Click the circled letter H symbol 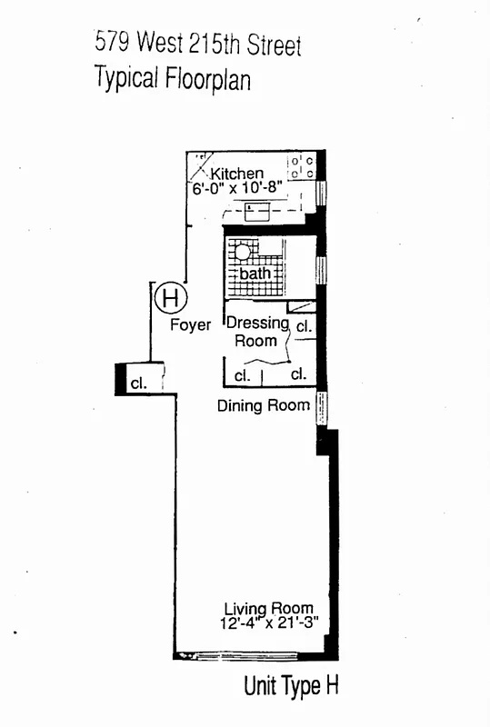(x=170, y=296)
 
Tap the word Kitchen (x=237, y=174)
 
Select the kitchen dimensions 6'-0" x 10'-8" (x=238, y=190)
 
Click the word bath (x=255, y=274)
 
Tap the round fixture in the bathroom (x=243, y=252)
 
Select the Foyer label (x=190, y=324)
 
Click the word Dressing (x=257, y=323)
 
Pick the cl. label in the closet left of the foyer (x=138, y=383)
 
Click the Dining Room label (x=264, y=405)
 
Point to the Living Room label (x=269, y=609)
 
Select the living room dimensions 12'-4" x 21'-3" (x=269, y=624)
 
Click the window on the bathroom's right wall (x=321, y=270)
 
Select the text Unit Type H (x=291, y=687)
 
